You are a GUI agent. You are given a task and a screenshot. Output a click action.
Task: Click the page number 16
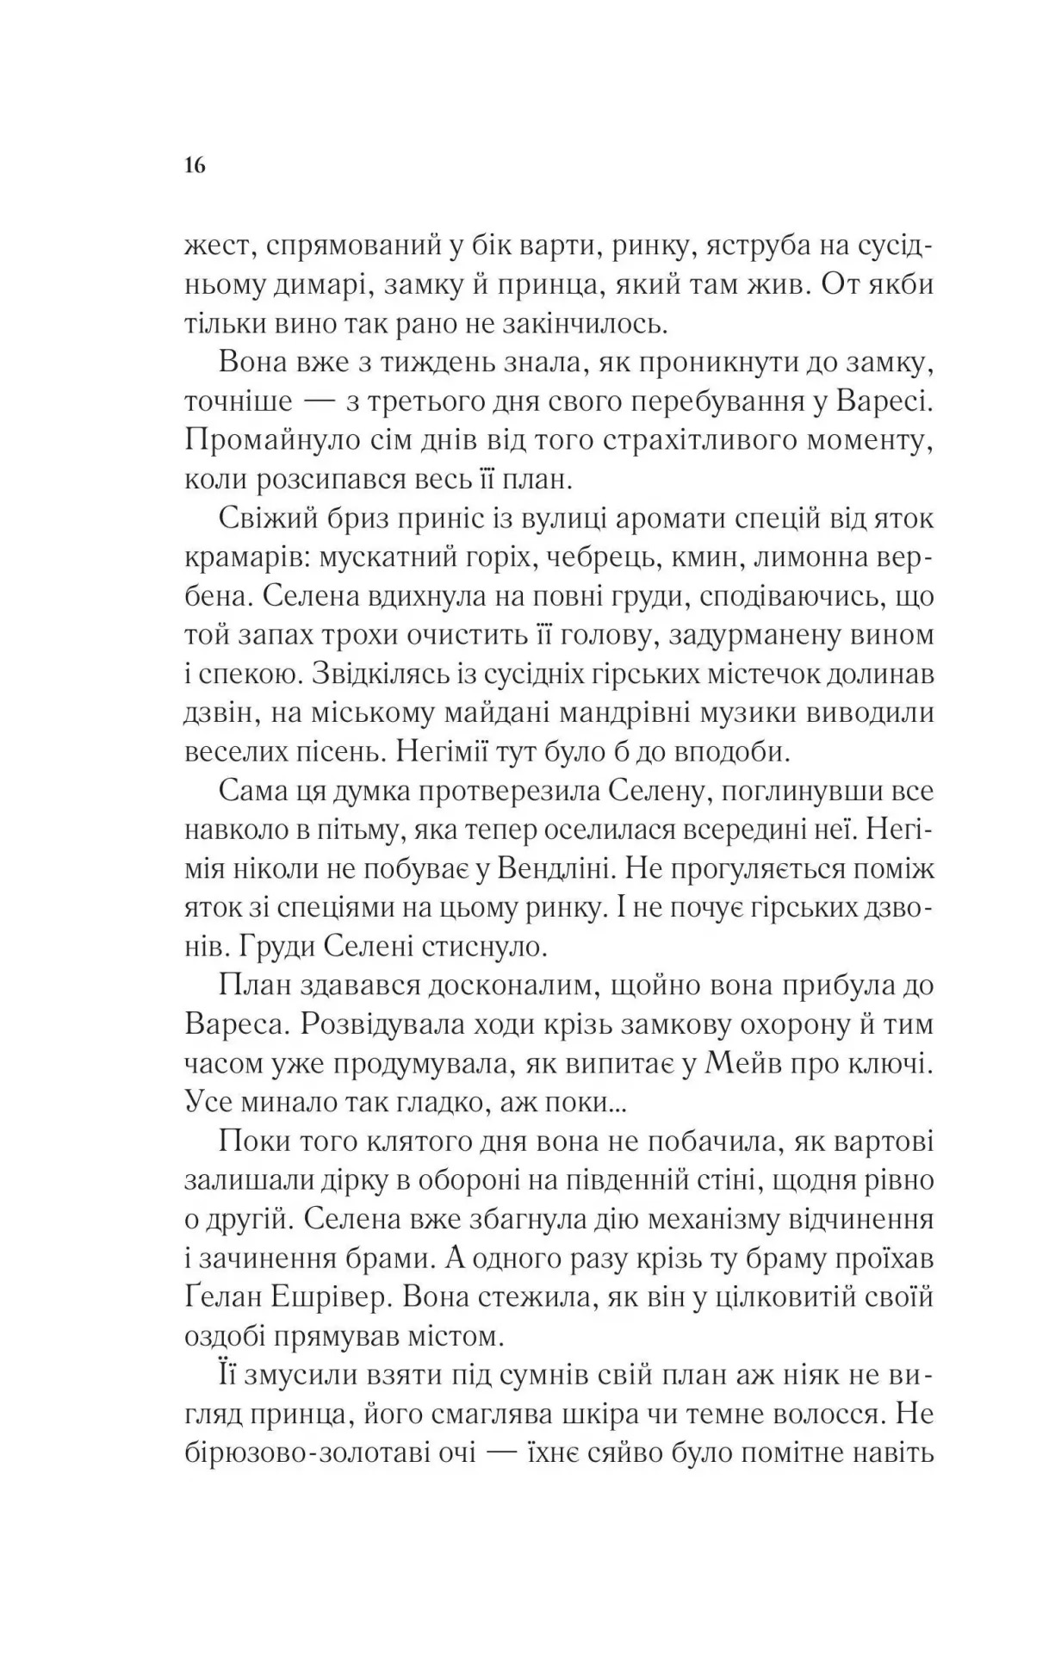pos(195,165)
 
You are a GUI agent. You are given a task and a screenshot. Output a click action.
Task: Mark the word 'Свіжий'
pos(271,520)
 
